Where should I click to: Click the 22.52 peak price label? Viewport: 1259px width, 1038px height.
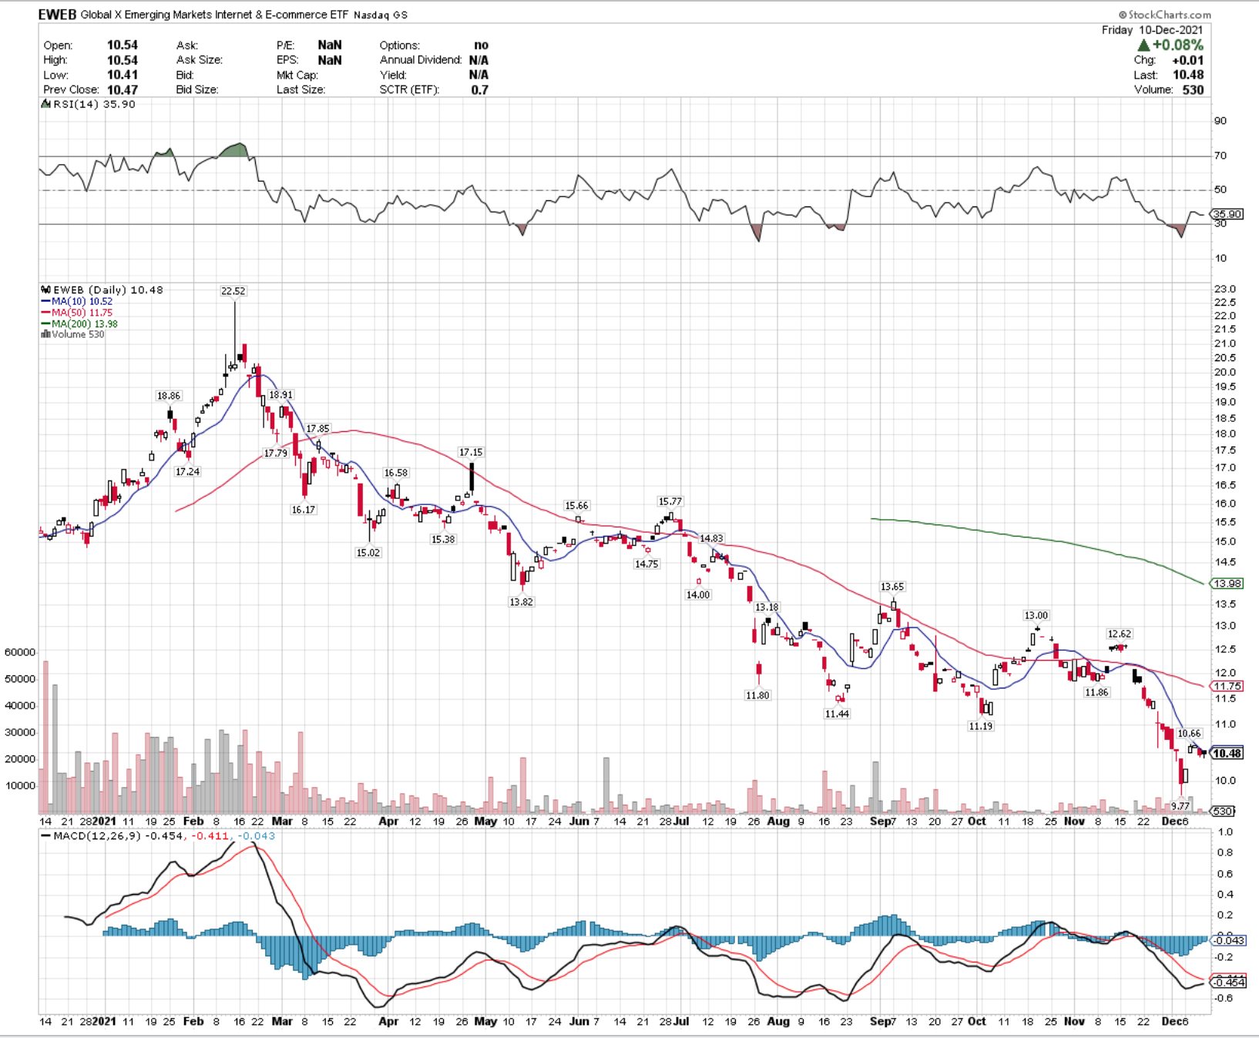click(x=233, y=291)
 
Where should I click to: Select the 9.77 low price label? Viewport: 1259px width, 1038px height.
click(x=1180, y=806)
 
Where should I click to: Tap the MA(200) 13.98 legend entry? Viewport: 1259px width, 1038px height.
click(x=79, y=324)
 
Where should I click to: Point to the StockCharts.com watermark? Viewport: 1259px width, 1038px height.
click(x=1165, y=15)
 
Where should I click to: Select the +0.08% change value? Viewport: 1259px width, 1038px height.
click(x=1177, y=45)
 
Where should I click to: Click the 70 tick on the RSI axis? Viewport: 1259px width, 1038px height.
click(x=1220, y=156)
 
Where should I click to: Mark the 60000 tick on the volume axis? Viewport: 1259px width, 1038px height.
click(x=20, y=652)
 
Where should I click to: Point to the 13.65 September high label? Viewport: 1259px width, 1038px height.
click(x=892, y=588)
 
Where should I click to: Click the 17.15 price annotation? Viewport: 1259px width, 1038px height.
click(x=471, y=453)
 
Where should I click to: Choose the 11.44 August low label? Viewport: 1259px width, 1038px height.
click(x=837, y=714)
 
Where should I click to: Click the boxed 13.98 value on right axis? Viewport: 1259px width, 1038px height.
click(x=1227, y=584)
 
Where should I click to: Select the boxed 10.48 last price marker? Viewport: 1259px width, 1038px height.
click(x=1227, y=753)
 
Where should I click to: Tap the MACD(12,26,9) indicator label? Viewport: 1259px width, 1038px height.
click(x=97, y=836)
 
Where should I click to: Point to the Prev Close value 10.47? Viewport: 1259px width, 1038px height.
click(x=123, y=90)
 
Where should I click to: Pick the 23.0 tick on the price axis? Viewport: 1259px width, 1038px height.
click(x=1225, y=290)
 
